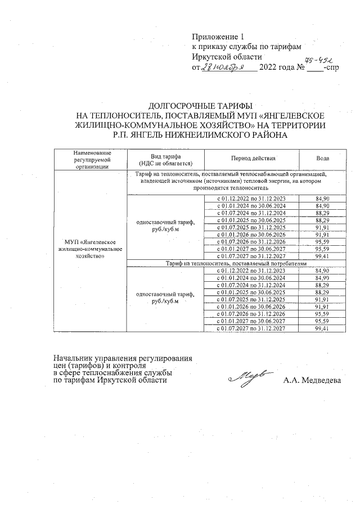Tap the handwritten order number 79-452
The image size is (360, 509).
319,60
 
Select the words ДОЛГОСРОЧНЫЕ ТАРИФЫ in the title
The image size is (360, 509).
200,105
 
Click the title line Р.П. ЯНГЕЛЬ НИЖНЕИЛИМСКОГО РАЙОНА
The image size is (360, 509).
200,136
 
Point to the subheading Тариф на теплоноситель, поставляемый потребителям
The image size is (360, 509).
236,263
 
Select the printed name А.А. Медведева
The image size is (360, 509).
312,381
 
